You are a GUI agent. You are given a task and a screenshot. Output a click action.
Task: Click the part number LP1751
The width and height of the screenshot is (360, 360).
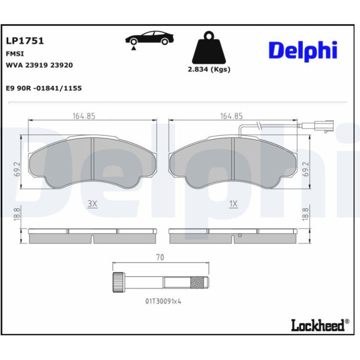pos(25,41)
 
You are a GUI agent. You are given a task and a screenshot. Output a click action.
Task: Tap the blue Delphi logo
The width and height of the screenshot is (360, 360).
pos(303,51)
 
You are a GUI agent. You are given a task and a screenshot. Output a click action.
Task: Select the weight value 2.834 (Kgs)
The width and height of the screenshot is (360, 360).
pos(209,69)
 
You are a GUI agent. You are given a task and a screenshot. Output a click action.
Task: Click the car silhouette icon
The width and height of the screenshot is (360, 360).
pos(150,38)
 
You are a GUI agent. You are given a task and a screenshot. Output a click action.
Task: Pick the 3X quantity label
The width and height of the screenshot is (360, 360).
pos(93,204)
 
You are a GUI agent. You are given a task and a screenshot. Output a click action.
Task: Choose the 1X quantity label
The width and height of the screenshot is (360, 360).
pos(233,204)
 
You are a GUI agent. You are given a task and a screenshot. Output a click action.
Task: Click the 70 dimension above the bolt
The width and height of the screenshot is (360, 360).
pos(160,257)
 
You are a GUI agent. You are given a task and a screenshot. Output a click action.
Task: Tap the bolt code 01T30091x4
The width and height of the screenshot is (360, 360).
pos(163,301)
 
